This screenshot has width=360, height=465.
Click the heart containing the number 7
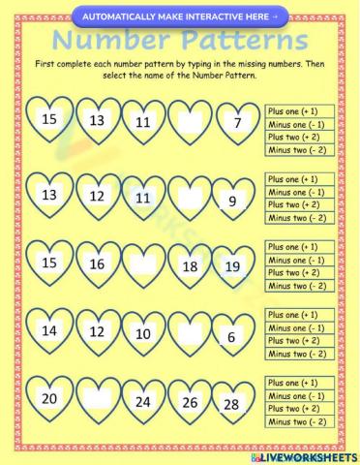(x=235, y=123)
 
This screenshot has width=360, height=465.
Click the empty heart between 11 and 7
(x=189, y=123)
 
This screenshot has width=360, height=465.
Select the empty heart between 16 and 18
(x=143, y=264)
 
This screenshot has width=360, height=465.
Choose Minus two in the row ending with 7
(x=300, y=150)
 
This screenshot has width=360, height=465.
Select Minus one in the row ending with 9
(x=300, y=192)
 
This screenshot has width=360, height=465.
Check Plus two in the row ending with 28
(x=300, y=409)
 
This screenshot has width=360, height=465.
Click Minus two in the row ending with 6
(x=300, y=355)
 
